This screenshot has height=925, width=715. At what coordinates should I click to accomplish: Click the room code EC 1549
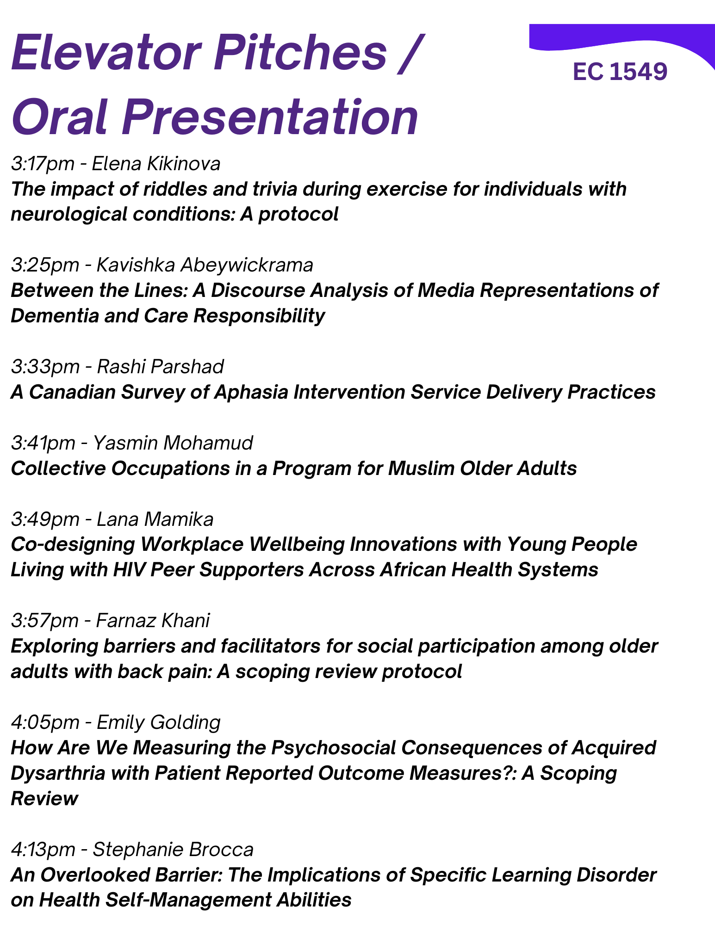620,72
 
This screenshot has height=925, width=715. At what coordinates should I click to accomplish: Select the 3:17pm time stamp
43,164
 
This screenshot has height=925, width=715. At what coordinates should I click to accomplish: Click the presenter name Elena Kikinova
156,164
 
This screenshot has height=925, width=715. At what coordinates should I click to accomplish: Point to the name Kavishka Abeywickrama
205,265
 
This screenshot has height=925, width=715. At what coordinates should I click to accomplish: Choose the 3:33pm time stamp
45,367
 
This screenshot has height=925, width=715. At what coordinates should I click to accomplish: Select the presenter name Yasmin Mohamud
173,443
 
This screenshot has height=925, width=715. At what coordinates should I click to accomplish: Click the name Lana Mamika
155,519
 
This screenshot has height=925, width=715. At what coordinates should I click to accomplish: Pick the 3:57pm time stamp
45,621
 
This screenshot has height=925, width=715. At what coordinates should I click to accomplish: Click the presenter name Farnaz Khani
153,621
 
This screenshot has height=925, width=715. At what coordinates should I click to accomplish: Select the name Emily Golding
158,722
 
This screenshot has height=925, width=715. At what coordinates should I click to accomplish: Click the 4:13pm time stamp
43,850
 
